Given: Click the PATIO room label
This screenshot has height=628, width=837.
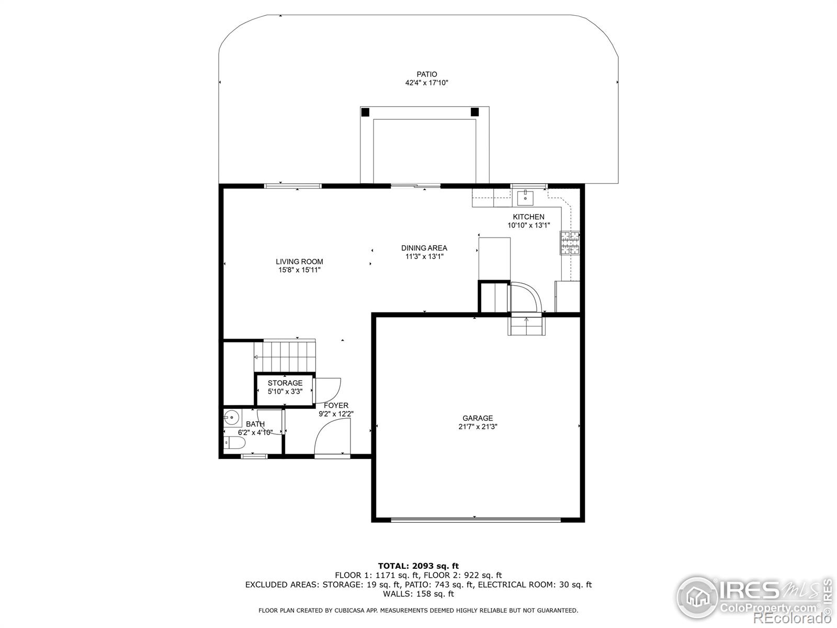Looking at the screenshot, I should [x=426, y=74].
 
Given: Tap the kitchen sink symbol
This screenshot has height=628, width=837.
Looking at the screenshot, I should [x=525, y=198].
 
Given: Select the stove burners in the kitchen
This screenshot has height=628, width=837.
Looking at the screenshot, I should [x=570, y=243].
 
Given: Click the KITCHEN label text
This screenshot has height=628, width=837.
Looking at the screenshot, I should [x=528, y=217].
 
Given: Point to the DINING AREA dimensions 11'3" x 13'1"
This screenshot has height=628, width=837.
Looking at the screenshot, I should [x=424, y=256].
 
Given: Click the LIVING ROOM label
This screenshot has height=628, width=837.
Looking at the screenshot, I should [x=299, y=262].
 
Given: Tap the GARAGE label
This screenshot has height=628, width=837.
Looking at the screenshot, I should [x=477, y=418].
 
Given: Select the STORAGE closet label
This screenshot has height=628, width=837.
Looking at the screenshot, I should [x=285, y=383].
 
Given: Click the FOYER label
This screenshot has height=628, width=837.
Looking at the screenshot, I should [x=336, y=406].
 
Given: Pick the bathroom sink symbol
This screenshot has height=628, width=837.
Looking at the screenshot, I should [x=231, y=418].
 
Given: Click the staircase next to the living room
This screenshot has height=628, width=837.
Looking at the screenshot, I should [x=285, y=356].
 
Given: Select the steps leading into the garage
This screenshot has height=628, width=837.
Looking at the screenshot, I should [x=527, y=326].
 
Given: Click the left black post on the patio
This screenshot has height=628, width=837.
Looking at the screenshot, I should [x=365, y=112].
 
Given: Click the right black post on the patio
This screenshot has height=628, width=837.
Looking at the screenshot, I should [x=474, y=112].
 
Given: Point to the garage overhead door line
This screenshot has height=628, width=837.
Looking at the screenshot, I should [x=475, y=519].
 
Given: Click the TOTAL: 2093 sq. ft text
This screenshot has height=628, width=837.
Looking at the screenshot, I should [x=418, y=566].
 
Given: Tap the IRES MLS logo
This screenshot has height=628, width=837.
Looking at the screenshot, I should [x=753, y=597].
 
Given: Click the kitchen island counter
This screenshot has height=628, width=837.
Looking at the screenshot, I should [x=494, y=259].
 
